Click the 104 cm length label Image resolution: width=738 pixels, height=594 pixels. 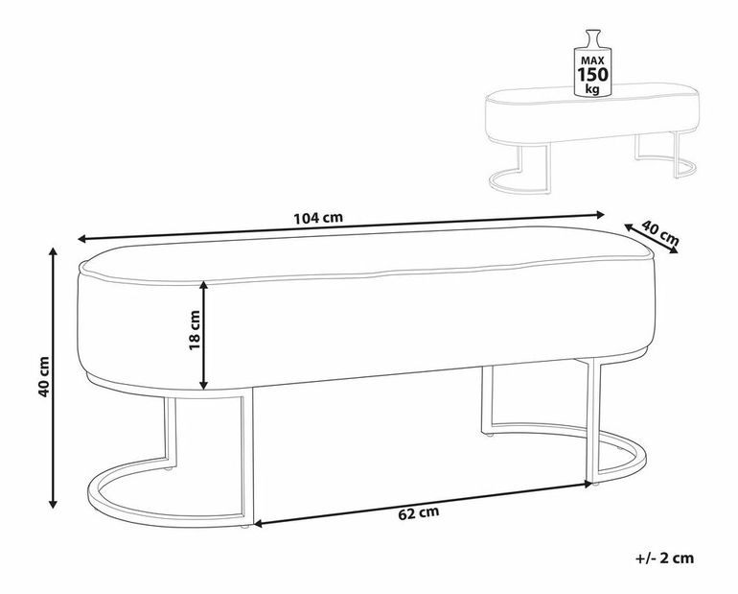click(318, 218)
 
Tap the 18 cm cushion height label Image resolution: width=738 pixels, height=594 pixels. click(194, 330)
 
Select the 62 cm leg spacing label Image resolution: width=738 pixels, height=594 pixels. click(419, 513)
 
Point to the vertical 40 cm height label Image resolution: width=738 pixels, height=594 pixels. click(44, 377)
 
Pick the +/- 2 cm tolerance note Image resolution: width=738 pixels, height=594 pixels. click(664, 558)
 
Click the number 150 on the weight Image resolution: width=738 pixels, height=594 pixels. click(592, 75)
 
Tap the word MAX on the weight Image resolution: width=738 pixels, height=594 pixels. click(592, 60)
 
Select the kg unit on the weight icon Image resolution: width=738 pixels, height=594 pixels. click(592, 89)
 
